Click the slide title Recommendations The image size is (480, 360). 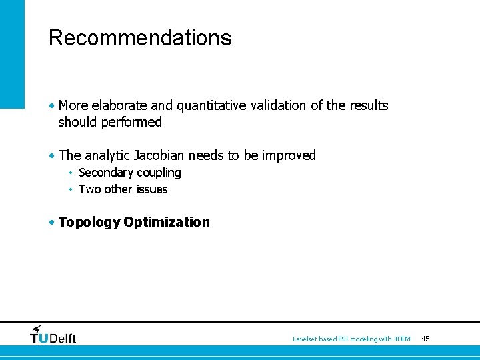(x=140, y=38)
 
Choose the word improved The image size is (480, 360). (x=289, y=155)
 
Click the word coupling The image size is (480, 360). (x=159, y=173)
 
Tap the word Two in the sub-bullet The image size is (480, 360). (x=89, y=189)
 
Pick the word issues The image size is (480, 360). (x=151, y=189)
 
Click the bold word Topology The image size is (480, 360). (x=89, y=223)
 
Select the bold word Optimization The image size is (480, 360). (x=167, y=223)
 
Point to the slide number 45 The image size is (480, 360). (x=426, y=339)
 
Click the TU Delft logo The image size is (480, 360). (x=53, y=335)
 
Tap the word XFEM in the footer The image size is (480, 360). (x=402, y=339)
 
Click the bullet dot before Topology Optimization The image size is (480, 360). (x=52, y=222)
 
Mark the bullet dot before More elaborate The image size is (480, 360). (x=52, y=105)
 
